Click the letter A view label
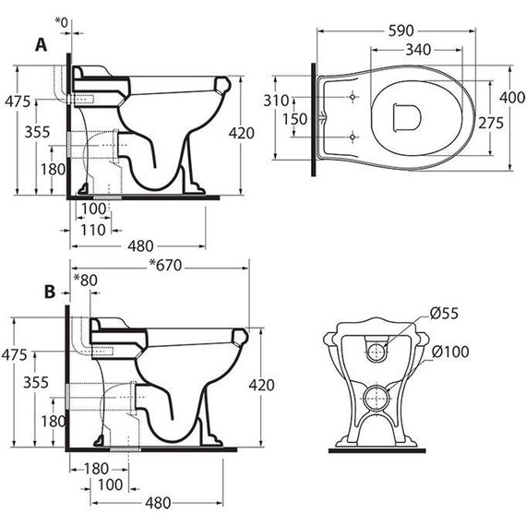tap(41, 44)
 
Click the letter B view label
tap(50, 292)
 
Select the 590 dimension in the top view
tap(401, 30)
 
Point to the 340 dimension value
tap(418, 50)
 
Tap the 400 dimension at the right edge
tap(512, 98)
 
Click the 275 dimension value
tap(491, 123)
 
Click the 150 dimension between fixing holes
tap(294, 119)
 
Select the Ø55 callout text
tap(444, 313)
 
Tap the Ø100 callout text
tap(450, 352)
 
